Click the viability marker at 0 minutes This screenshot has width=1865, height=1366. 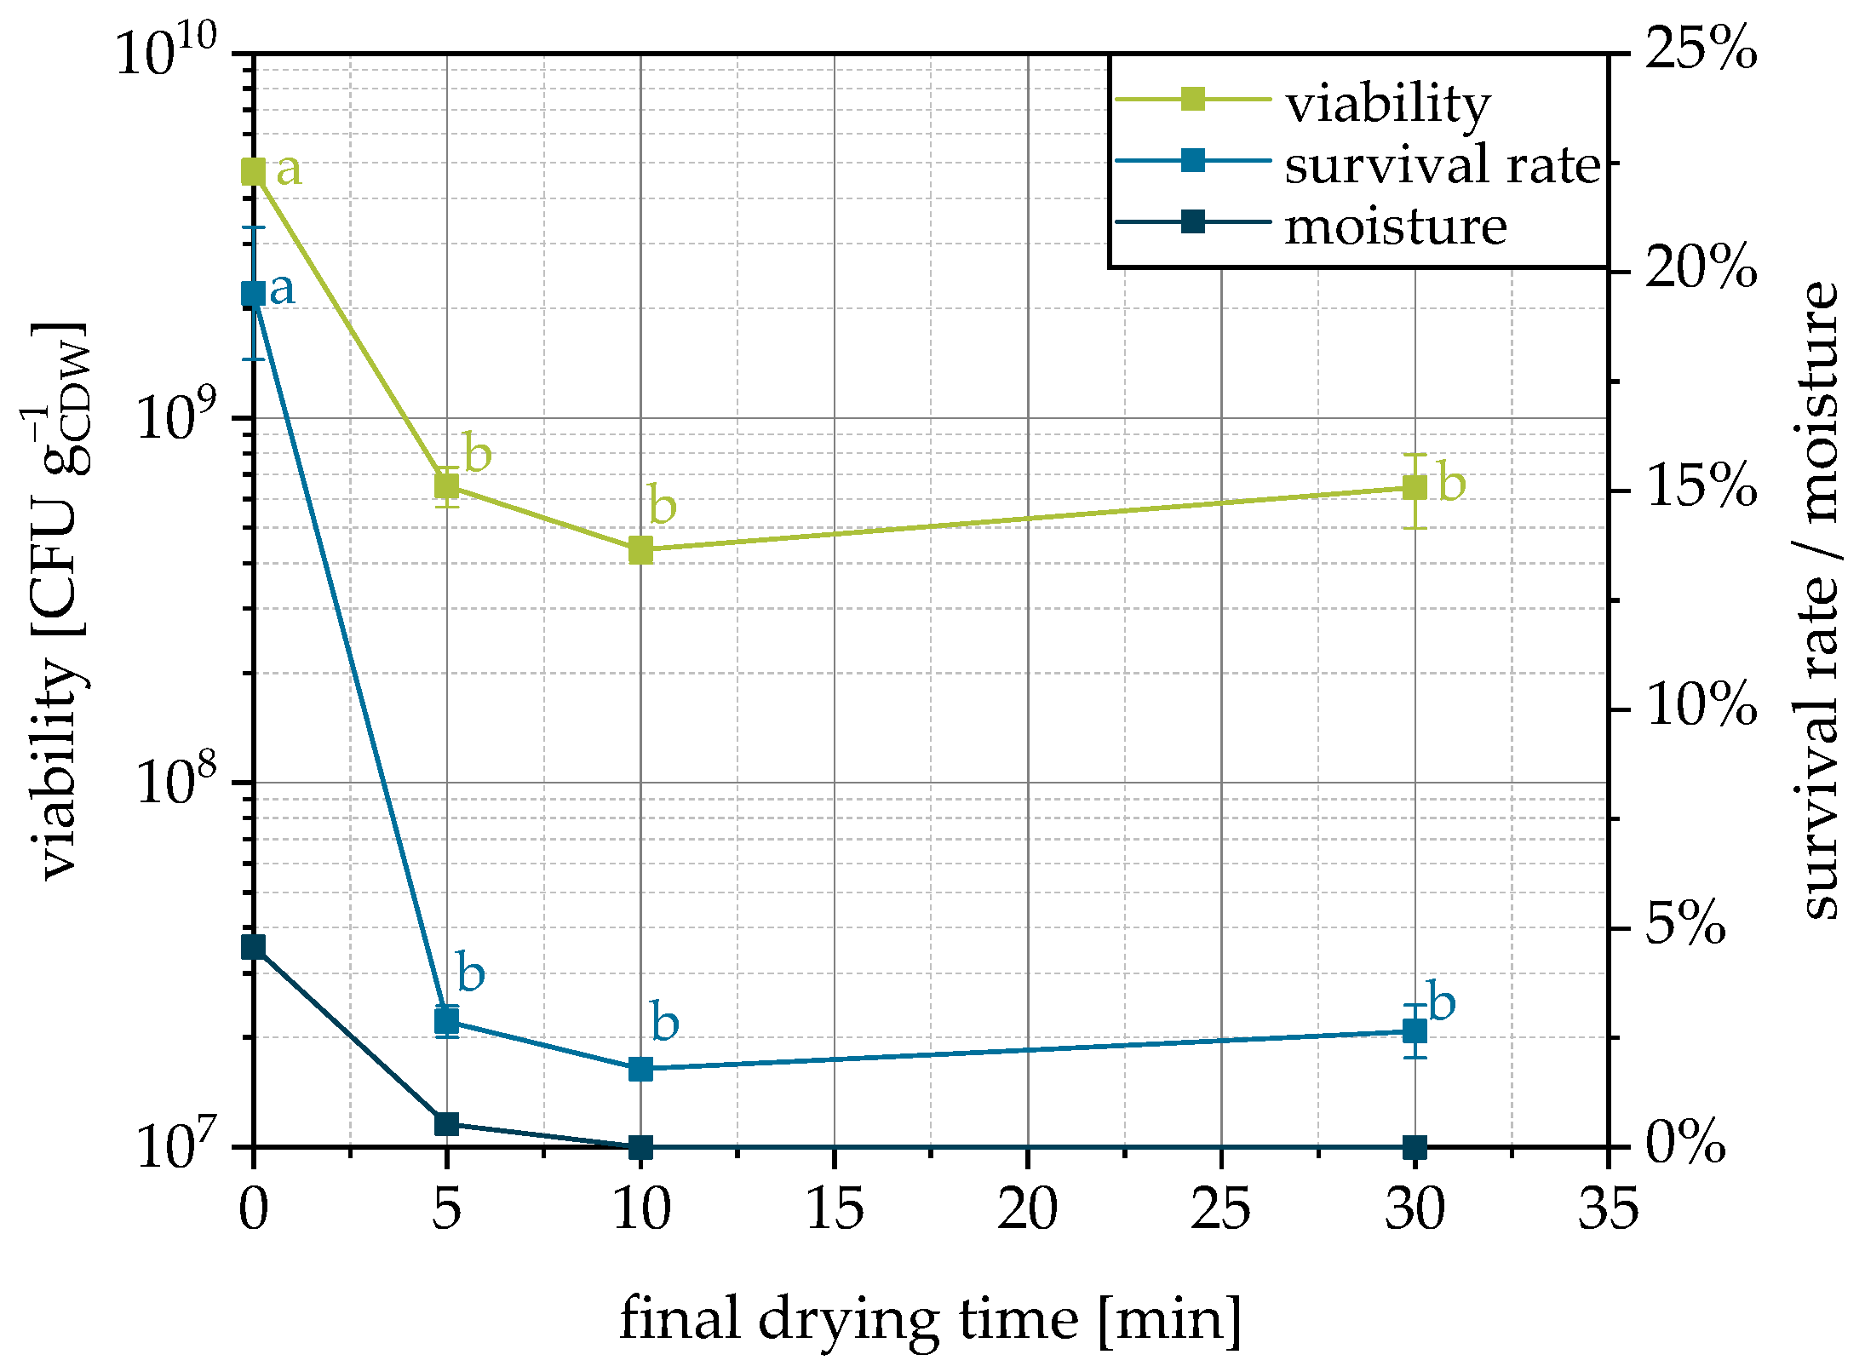pyautogui.click(x=254, y=172)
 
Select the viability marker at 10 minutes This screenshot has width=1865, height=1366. pyautogui.click(x=640, y=550)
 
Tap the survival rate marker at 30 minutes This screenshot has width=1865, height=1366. pyautogui.click(x=1415, y=1031)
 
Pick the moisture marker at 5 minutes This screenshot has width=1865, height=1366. pyautogui.click(x=446, y=1123)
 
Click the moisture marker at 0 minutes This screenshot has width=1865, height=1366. pyautogui.click(x=254, y=947)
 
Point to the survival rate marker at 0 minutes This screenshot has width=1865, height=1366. pyautogui.click(x=254, y=294)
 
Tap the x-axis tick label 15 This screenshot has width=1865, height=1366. pyautogui.click(x=835, y=1209)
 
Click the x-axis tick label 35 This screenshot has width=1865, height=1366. pyautogui.click(x=1608, y=1209)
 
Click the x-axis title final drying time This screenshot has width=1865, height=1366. pyautogui.click(x=930, y=1319)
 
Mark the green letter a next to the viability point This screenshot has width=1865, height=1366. pyautogui.click(x=289, y=169)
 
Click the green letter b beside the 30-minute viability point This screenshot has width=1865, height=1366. pyautogui.click(x=1452, y=483)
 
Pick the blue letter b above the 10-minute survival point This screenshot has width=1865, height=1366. pyautogui.click(x=664, y=1021)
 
